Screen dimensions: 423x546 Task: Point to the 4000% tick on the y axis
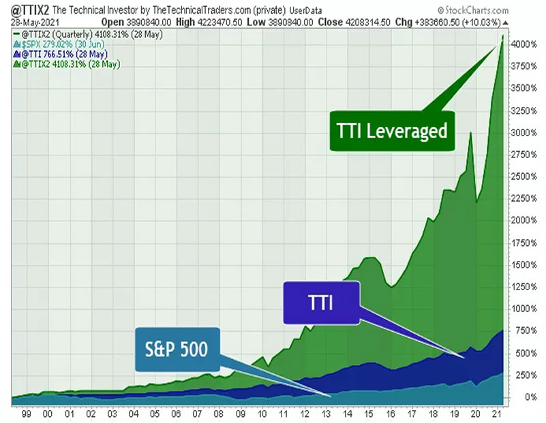(x=526, y=44)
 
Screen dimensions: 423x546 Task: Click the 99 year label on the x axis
(x=26, y=413)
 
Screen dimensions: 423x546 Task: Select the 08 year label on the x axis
(x=218, y=413)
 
